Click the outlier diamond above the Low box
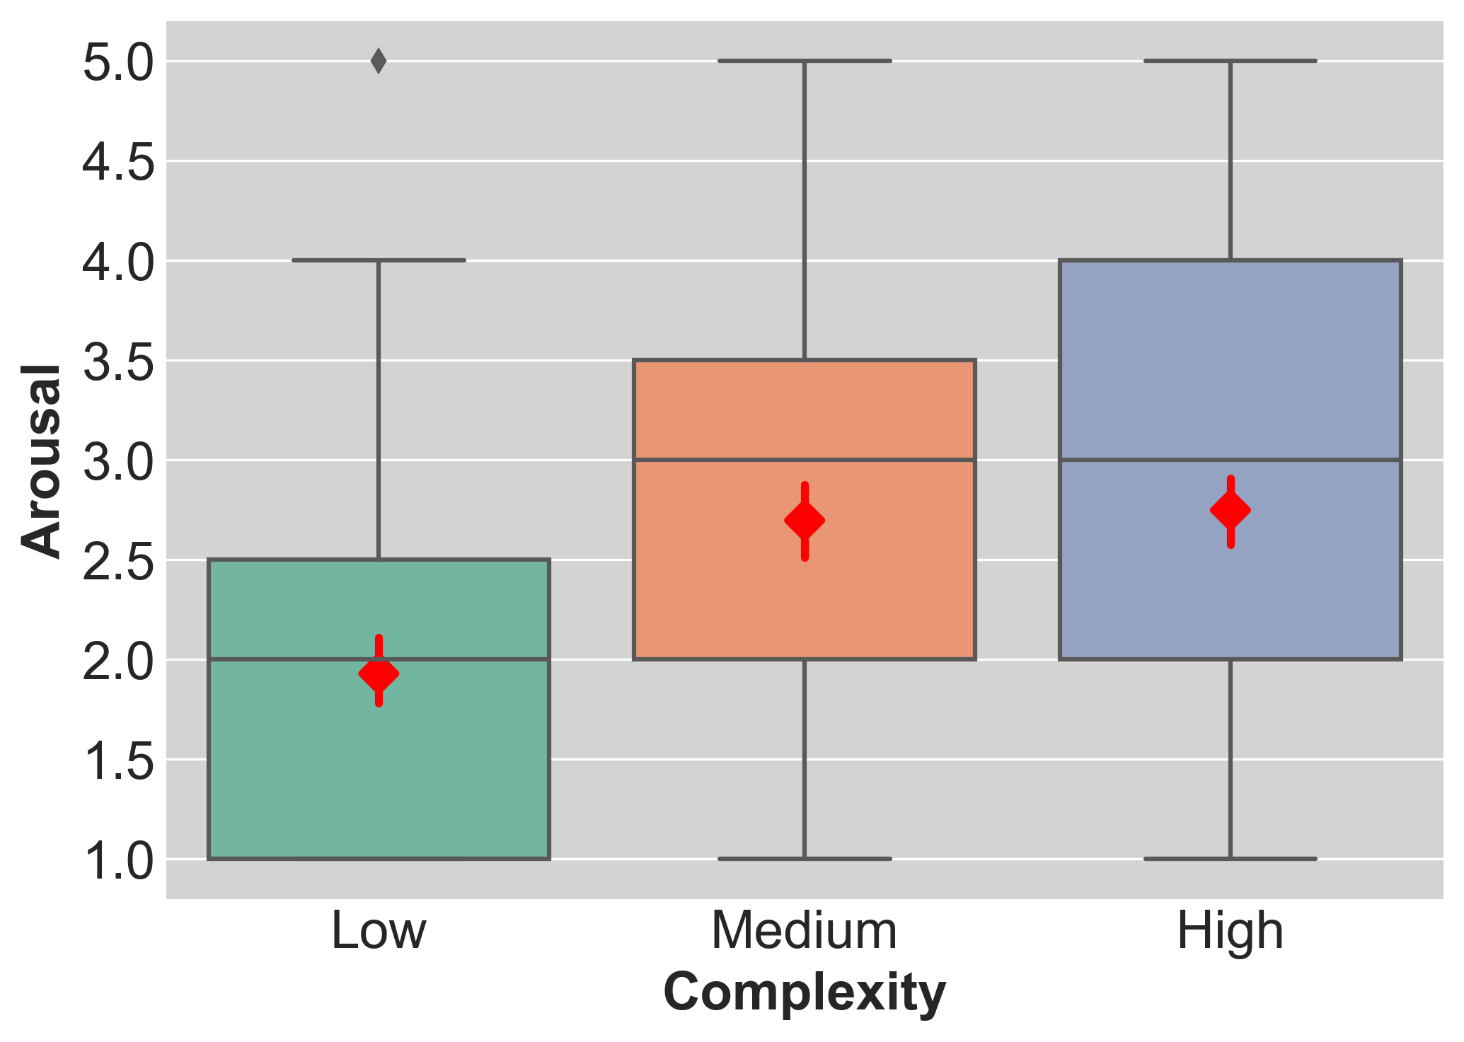click(x=379, y=62)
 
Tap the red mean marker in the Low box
click(x=379, y=673)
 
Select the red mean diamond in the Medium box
click(x=805, y=521)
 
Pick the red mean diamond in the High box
click(x=1230, y=510)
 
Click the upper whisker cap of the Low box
click(x=379, y=260)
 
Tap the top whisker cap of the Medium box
click(x=805, y=61)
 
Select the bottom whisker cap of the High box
click(x=1230, y=859)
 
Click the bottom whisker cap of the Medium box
click(x=805, y=859)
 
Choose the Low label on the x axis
click(x=379, y=931)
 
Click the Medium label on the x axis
click(x=805, y=931)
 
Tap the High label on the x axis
click(x=1230, y=931)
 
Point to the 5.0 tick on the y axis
click(x=118, y=63)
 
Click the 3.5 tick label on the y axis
click(x=118, y=362)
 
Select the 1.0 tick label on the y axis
click(x=118, y=861)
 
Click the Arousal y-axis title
click(x=41, y=461)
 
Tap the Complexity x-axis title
click(x=805, y=993)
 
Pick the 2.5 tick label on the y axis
click(x=118, y=562)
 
